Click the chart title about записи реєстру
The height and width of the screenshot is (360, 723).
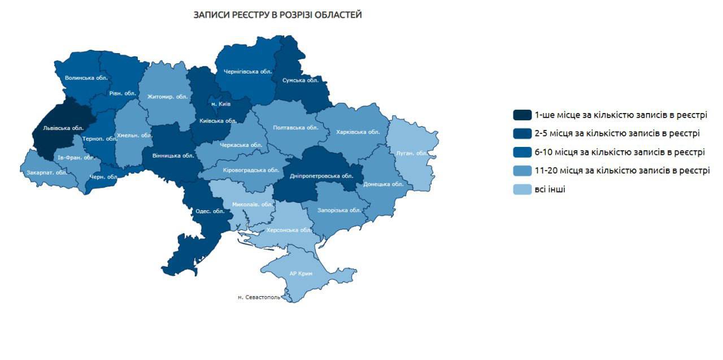[x=277, y=15]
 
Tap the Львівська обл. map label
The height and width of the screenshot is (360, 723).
[x=59, y=128]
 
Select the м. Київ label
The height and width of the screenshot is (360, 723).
[x=221, y=104]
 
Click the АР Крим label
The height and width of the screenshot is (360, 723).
[x=300, y=273]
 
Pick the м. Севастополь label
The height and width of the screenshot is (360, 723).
[x=259, y=297]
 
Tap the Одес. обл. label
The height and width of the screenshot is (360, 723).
[x=210, y=211]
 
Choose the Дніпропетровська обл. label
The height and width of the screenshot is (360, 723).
[x=321, y=176]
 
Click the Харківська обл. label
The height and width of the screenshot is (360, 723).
[x=358, y=132]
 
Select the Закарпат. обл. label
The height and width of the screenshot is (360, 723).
[x=43, y=172]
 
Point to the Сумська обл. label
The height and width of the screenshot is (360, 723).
[x=300, y=80]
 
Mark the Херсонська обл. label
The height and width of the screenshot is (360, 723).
[x=289, y=230]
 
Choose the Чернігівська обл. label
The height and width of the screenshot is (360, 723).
[x=248, y=72]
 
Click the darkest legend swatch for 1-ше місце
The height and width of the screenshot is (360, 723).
[x=522, y=115]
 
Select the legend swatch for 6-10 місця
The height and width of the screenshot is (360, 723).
[x=522, y=152]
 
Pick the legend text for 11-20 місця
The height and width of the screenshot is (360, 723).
[x=622, y=170]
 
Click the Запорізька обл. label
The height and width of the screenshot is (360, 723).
[x=339, y=210]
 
